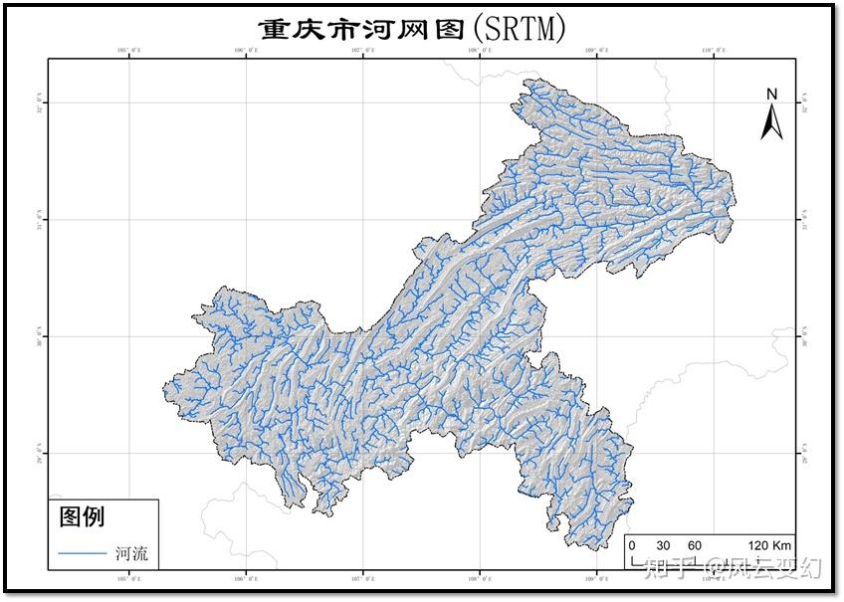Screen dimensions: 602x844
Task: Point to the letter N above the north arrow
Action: [x=771, y=95]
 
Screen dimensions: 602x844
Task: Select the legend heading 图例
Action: [x=83, y=516]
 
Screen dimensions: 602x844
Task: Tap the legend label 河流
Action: [x=131, y=554]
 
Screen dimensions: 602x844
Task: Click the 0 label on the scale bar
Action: [x=631, y=545]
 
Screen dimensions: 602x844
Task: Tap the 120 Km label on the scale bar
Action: [x=769, y=545]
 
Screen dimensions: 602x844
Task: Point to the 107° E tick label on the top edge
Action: [x=363, y=50]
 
